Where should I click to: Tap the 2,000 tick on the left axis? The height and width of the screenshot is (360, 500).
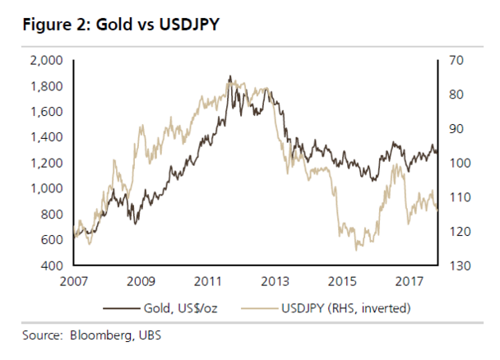tap(47, 60)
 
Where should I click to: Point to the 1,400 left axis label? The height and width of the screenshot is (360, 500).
tap(47, 137)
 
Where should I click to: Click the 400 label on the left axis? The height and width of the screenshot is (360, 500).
tap(52, 266)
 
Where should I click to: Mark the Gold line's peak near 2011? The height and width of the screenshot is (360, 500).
tap(229, 76)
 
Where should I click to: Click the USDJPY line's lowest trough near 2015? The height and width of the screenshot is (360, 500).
tap(357, 249)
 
